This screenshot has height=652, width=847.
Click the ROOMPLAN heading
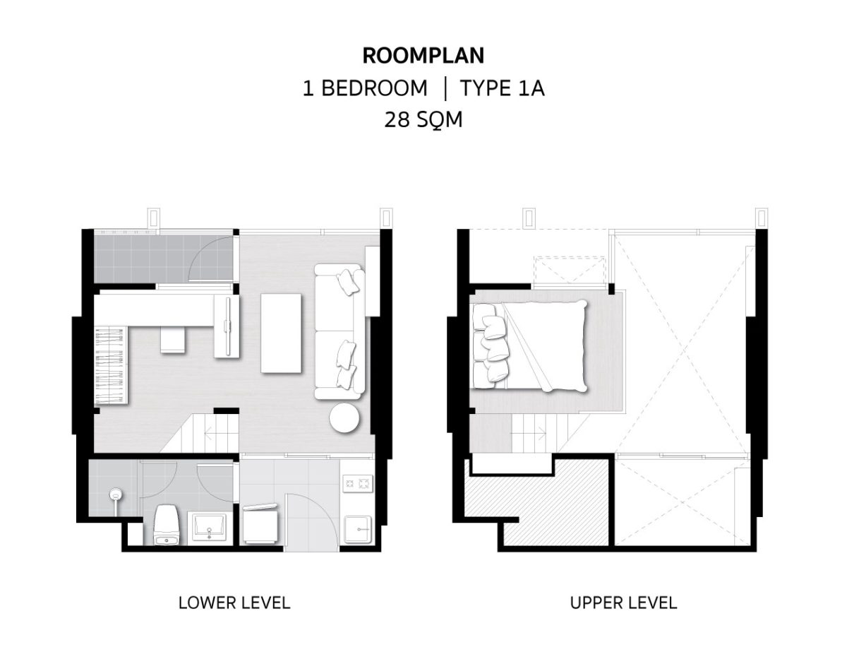(x=423, y=56)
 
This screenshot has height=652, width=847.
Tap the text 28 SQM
(x=423, y=119)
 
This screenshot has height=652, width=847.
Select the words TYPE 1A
(x=502, y=88)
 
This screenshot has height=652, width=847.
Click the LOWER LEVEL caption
(x=234, y=603)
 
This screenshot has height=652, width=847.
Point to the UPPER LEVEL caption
(x=623, y=603)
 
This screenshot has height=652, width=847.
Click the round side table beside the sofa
(x=344, y=418)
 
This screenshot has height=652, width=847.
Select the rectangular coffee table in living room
(x=281, y=333)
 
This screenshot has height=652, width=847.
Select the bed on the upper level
(x=529, y=345)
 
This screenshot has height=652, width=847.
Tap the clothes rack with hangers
(x=112, y=365)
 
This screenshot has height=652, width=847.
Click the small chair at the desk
(x=173, y=340)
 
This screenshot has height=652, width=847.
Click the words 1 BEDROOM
(x=365, y=88)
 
